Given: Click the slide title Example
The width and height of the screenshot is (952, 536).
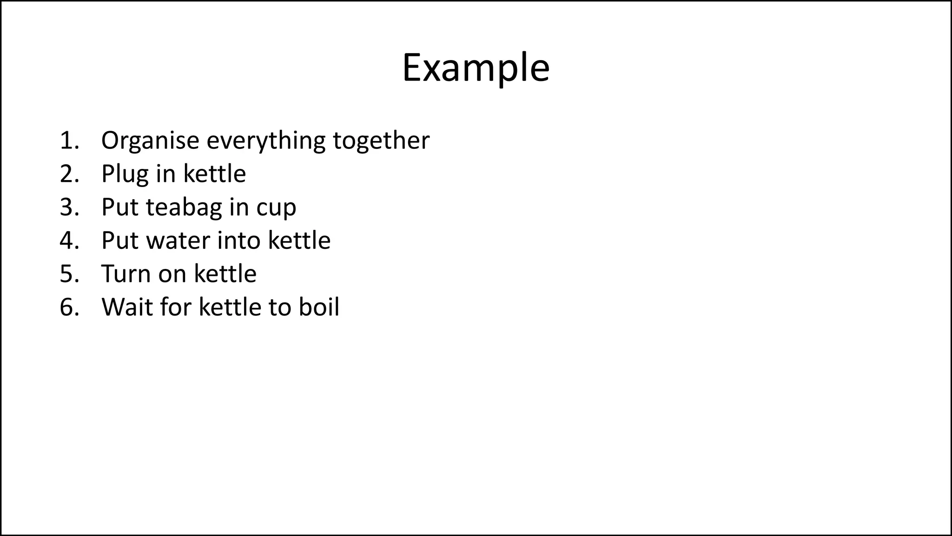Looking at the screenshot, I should tap(476, 68).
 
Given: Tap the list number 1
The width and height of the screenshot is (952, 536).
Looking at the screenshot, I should tap(69, 141).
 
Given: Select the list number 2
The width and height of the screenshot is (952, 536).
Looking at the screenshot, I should tap(69, 174).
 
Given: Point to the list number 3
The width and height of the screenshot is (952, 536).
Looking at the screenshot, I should tap(69, 208).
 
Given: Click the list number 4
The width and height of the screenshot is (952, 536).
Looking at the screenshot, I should tap(69, 241).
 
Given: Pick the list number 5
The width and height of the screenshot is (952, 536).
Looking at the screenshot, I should tap(69, 274).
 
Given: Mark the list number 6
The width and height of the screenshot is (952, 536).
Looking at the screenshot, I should tap(69, 308).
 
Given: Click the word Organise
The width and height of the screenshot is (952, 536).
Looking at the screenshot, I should tap(150, 141).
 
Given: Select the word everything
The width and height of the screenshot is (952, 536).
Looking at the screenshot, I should tap(266, 141).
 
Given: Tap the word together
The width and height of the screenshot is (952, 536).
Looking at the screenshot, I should tap(381, 141).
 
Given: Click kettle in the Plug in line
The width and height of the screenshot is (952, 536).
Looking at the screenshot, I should tap(214, 174).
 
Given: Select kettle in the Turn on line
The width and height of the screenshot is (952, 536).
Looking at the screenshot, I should tap(225, 274).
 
